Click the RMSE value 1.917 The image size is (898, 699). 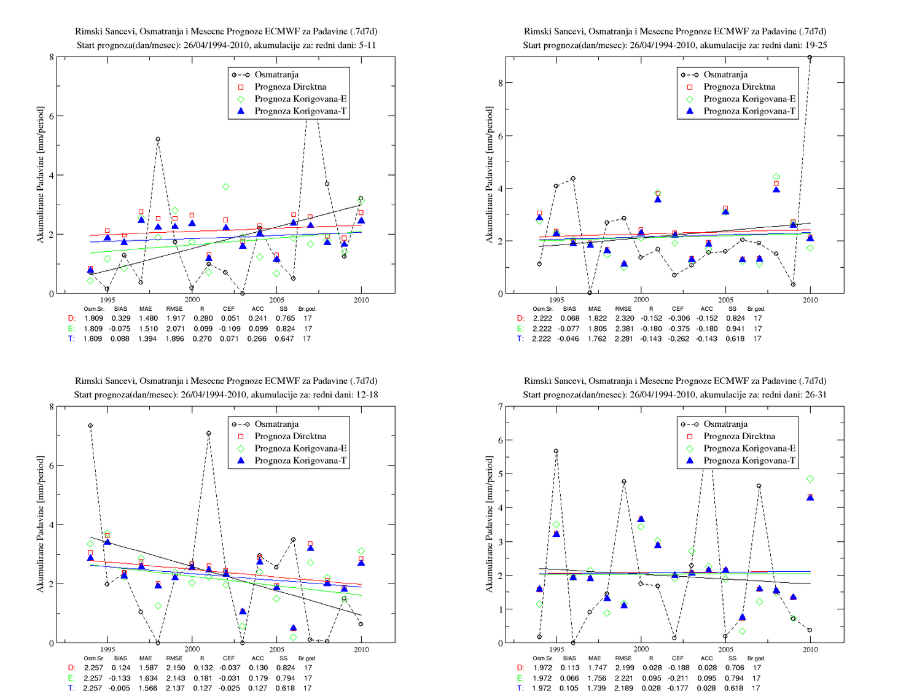pos(175,318)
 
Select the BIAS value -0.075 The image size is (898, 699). pos(120,329)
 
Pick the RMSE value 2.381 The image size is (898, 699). pos(624,329)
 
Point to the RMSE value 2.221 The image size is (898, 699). pos(624,678)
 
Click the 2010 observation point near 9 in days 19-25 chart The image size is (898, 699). pos(810,57)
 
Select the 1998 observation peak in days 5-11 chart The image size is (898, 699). pos(158,139)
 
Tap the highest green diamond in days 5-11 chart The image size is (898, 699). pos(226,187)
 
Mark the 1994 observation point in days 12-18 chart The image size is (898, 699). pos(90,425)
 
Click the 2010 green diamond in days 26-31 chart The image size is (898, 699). pos(810,479)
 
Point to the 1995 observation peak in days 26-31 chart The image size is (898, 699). pos(556,451)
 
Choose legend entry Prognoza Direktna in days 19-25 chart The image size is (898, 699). pos(739,87)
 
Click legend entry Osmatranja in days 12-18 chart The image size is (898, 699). pos(276,424)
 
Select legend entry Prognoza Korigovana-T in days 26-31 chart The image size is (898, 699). pos(749,461)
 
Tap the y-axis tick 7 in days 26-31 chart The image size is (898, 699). pos(501,407)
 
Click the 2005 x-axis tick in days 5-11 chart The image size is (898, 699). pos(276,300)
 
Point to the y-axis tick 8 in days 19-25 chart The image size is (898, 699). pos(501,83)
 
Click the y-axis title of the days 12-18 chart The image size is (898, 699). pos(40,524)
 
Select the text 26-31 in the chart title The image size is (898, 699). pos(814,394)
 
